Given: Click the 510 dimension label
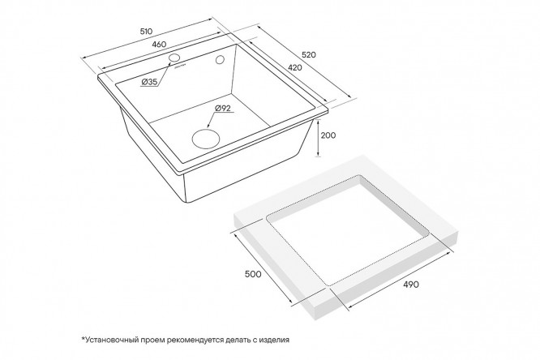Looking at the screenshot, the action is [146, 32].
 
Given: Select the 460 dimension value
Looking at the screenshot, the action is [159, 45].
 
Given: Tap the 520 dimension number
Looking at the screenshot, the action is [309, 54].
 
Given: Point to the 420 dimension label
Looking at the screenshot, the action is [295, 67].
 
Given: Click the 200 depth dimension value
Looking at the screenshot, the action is [328, 135].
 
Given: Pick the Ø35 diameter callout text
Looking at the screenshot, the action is [149, 82].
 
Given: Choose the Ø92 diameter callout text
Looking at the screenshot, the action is [222, 109].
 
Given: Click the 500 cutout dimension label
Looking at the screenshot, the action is [253, 274].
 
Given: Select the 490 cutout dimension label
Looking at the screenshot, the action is [411, 285].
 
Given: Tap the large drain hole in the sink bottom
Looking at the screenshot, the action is [206, 139].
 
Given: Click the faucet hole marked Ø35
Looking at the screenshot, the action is [175, 58].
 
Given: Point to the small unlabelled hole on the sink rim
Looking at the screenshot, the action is [220, 60].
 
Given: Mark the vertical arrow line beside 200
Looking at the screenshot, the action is [318, 137].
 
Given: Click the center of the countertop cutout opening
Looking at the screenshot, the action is [348, 230].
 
